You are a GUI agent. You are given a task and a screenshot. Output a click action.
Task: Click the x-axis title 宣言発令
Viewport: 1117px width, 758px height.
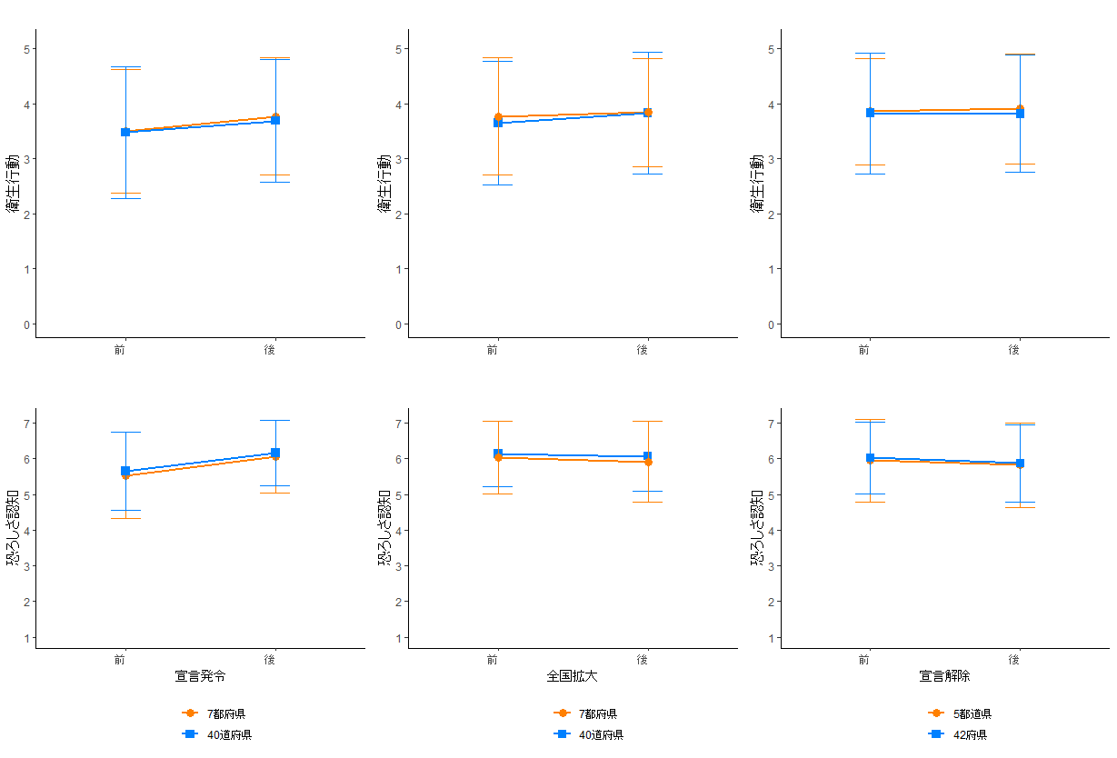click(x=200, y=676)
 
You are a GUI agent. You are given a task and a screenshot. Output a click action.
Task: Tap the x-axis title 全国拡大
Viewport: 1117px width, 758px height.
click(x=572, y=676)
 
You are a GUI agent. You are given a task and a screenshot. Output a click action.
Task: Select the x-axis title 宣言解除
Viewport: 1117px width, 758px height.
click(x=944, y=676)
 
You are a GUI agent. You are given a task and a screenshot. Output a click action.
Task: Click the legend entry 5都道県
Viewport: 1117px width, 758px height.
click(x=972, y=714)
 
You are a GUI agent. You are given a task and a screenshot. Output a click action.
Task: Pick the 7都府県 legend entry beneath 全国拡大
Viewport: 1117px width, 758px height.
click(x=597, y=714)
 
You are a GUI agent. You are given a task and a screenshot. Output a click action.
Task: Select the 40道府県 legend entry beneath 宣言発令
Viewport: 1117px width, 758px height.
click(x=228, y=734)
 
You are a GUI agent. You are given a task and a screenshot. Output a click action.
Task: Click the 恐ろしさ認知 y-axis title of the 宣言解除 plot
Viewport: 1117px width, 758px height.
click(x=757, y=528)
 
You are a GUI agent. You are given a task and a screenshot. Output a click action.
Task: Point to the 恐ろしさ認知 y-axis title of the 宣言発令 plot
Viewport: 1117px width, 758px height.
click(x=13, y=528)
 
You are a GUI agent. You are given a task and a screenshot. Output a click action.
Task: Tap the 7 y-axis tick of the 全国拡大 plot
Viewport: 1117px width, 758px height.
click(x=398, y=424)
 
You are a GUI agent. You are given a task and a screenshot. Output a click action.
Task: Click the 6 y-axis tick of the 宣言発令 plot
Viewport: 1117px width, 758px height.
click(x=26, y=459)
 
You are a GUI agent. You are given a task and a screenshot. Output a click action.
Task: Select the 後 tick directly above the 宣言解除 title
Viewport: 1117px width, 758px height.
click(x=1014, y=659)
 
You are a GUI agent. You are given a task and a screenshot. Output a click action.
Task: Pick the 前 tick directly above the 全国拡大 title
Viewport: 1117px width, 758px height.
click(x=492, y=659)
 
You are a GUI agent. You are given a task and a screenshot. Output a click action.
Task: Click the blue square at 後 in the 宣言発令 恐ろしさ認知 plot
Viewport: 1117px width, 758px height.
click(x=275, y=453)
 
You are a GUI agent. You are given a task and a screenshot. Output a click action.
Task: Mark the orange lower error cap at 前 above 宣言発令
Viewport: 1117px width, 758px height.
click(x=125, y=518)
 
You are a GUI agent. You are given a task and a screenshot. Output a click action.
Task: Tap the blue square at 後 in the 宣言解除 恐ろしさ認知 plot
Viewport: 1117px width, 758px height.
click(x=1020, y=464)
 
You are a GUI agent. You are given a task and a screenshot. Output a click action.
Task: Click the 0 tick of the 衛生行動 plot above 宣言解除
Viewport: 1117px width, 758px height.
click(x=770, y=324)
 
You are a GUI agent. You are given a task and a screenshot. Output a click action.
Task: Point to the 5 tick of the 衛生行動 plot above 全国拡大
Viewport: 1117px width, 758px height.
click(x=398, y=48)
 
